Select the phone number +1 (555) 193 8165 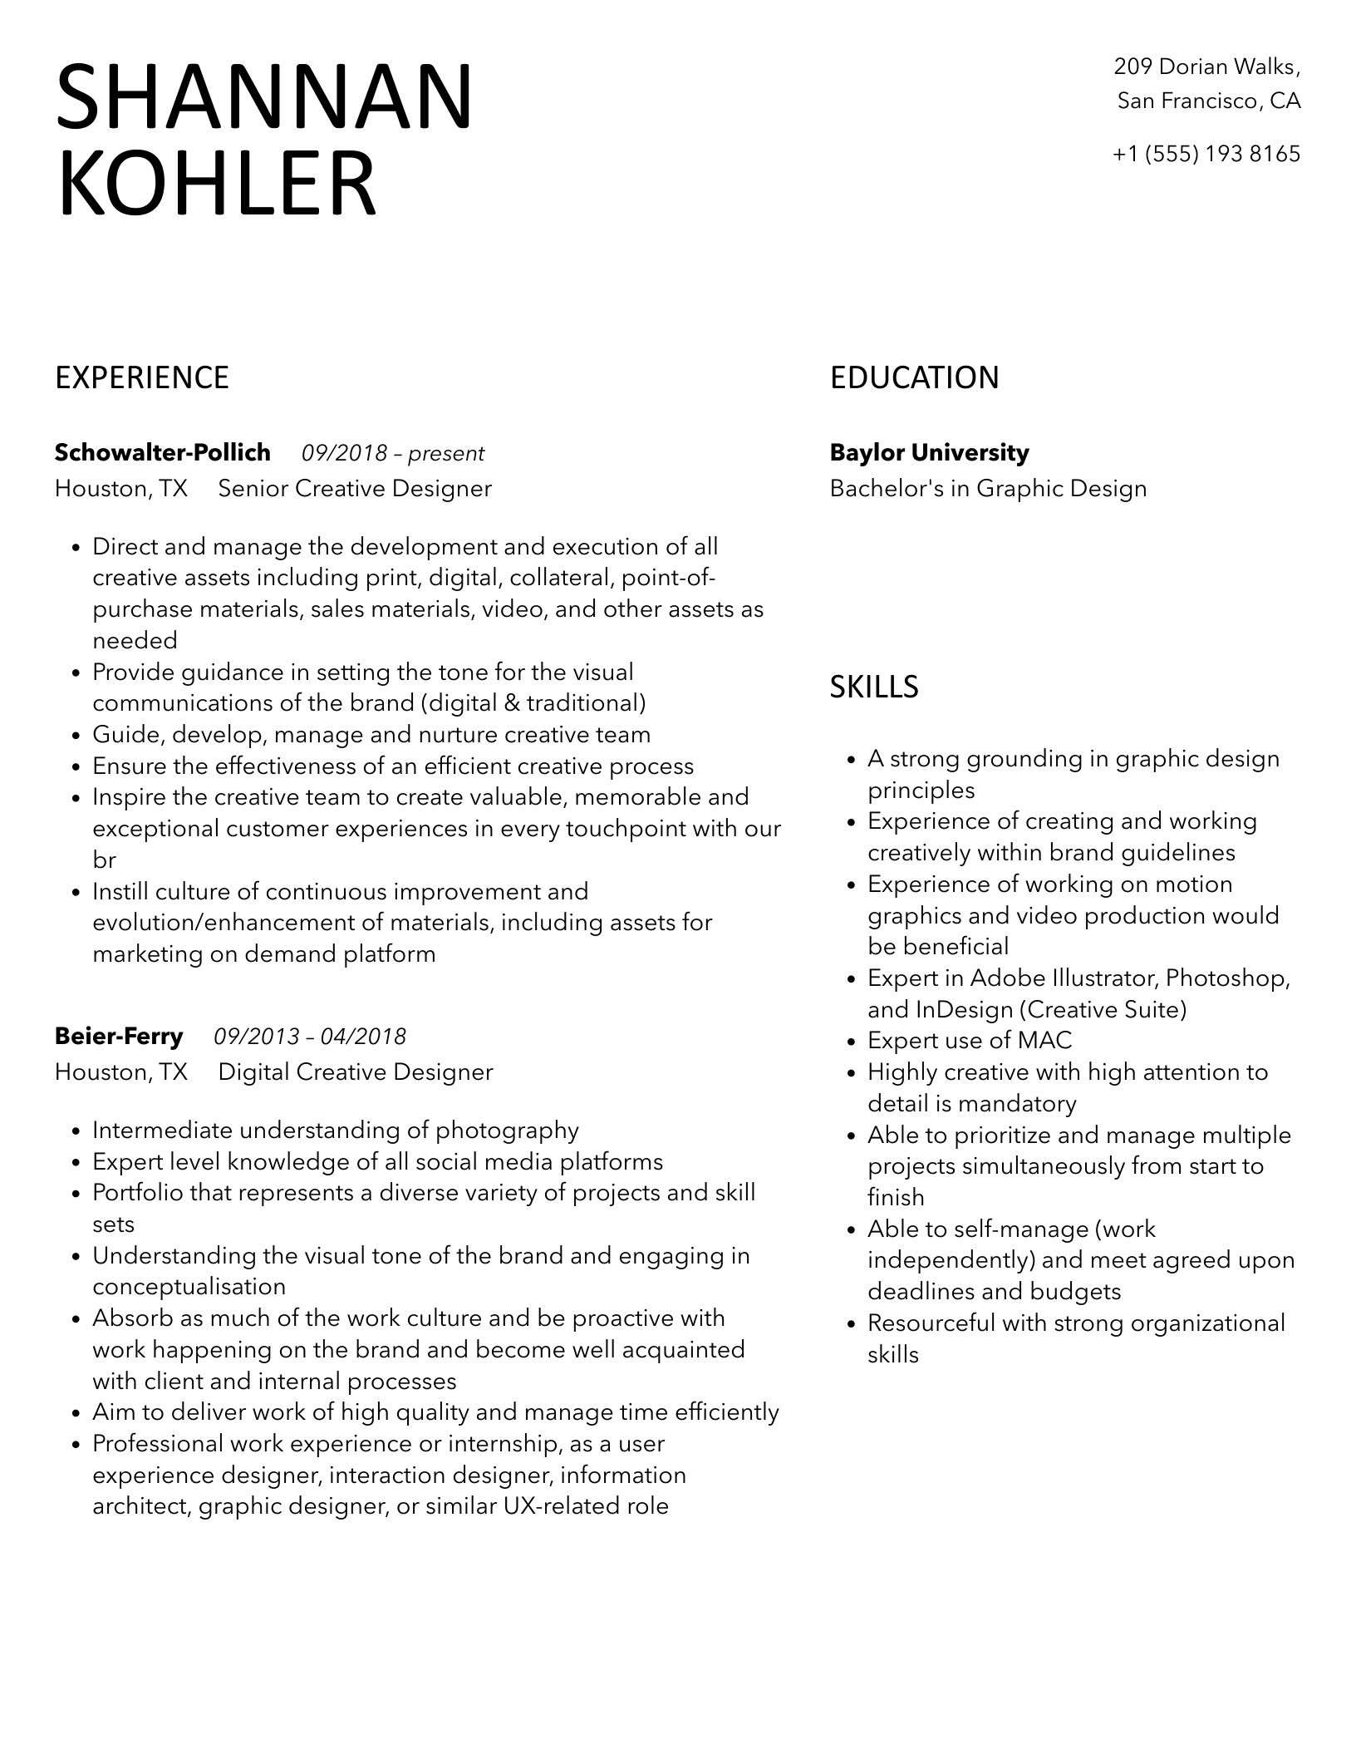coord(1206,155)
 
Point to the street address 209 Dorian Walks coord(1206,67)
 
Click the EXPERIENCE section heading coord(142,378)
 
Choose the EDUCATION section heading coord(914,378)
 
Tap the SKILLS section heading coord(874,687)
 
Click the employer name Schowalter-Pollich coord(163,453)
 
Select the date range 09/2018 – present coord(393,454)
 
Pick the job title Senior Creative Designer coord(355,489)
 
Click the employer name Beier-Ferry coord(119,1037)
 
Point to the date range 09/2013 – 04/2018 coord(310,1037)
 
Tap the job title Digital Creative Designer coord(356,1072)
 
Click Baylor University coord(929,453)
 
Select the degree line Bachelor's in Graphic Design coord(988,489)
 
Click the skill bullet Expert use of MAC coord(970,1041)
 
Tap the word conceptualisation coord(189,1288)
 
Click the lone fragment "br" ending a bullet coord(104,861)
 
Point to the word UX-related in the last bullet coord(551,1506)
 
